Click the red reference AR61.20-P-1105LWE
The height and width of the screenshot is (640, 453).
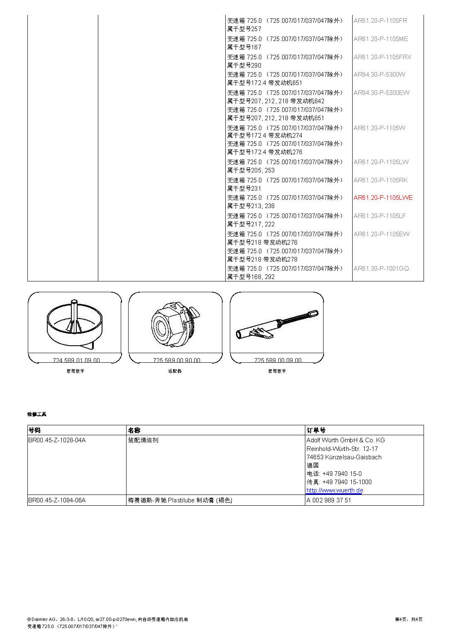[383, 198]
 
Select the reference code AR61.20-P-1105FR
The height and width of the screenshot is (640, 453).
[380, 21]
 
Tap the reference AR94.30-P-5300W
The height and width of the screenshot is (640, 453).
[379, 75]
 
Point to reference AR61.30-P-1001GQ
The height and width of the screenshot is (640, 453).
[381, 269]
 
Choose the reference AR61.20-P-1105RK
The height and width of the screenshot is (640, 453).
[380, 180]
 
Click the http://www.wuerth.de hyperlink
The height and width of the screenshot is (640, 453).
[334, 490]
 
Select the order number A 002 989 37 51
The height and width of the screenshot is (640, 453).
[329, 500]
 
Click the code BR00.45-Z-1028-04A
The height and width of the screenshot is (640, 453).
[57, 440]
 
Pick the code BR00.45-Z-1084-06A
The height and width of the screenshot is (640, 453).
[57, 500]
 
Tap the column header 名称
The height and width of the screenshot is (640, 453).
[134, 430]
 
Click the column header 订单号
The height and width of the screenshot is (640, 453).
[316, 430]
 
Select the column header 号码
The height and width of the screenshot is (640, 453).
[34, 430]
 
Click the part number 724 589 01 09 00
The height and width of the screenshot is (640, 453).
[76, 360]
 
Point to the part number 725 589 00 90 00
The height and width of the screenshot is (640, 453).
[176, 360]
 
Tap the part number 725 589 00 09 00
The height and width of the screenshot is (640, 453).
[278, 360]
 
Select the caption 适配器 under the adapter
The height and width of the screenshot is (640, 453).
[175, 371]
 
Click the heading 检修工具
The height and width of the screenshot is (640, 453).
[37, 414]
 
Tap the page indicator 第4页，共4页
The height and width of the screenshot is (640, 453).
[409, 619]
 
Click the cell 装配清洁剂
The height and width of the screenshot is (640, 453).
[143, 440]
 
